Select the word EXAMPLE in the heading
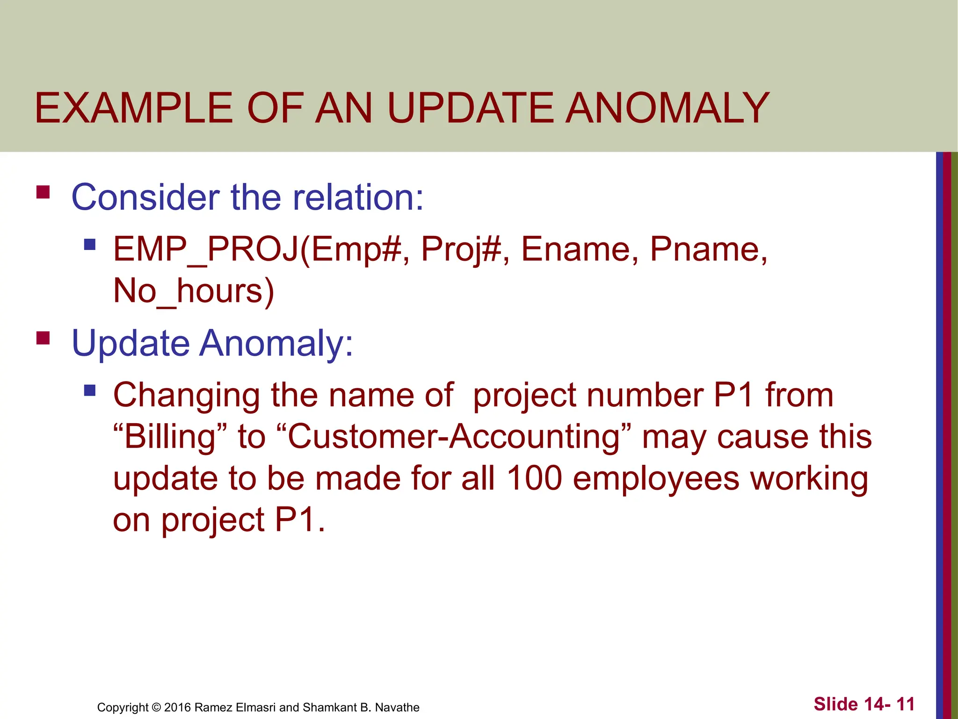click(x=133, y=109)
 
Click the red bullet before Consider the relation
click(x=43, y=192)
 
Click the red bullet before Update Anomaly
click(x=43, y=338)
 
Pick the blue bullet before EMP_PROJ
click(x=90, y=244)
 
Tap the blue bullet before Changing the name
click(x=90, y=390)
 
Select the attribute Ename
click(x=580, y=249)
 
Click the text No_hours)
click(x=194, y=292)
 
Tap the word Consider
click(x=145, y=197)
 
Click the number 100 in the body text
click(x=534, y=478)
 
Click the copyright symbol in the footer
click(x=156, y=707)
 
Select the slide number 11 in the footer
click(x=905, y=704)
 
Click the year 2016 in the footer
click(x=177, y=707)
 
